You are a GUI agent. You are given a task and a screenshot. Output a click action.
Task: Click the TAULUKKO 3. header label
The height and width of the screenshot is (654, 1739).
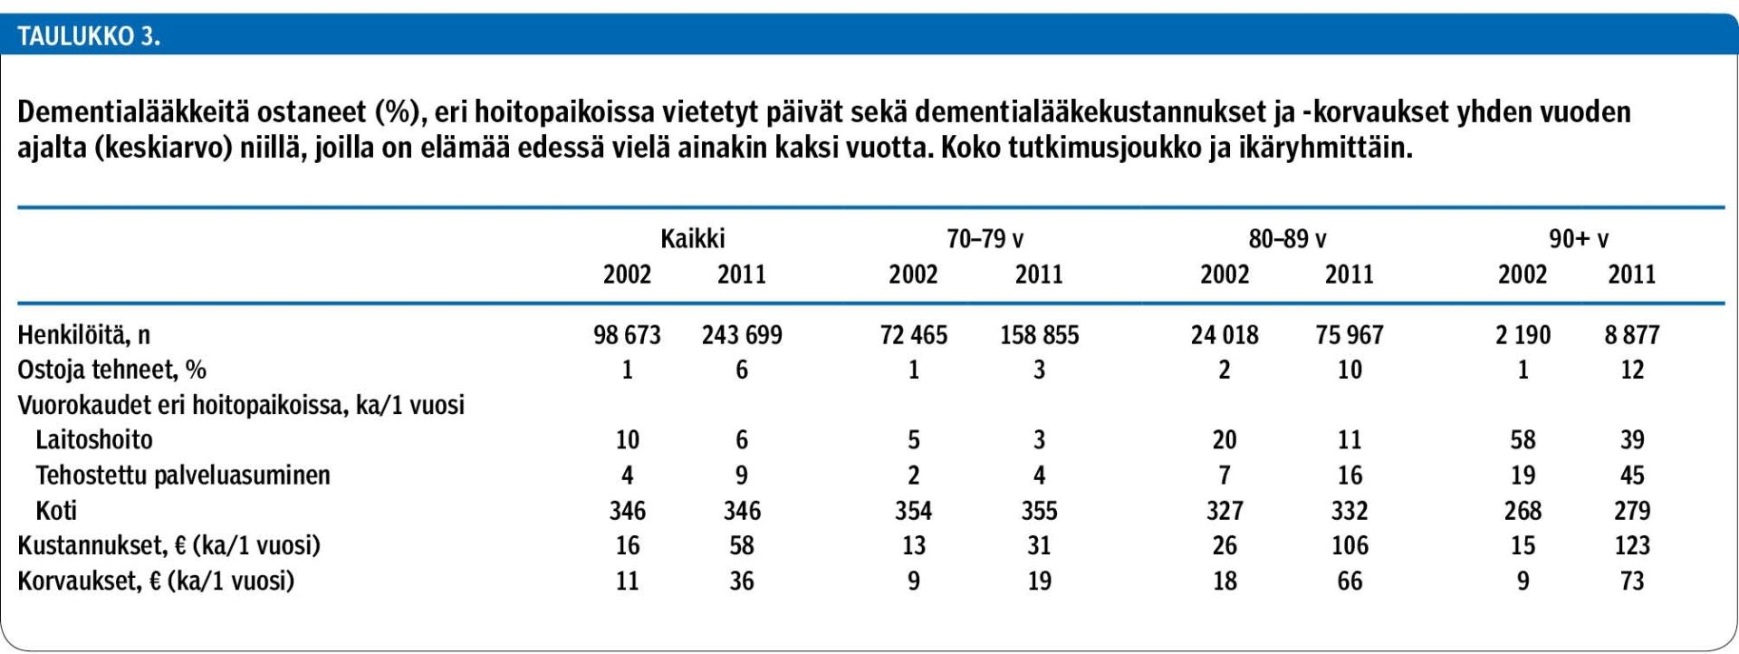click(x=89, y=37)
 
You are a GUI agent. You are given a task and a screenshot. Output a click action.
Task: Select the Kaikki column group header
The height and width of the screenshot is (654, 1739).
click(x=693, y=239)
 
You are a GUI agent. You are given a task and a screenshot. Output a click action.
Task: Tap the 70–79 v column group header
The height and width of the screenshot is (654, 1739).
click(x=985, y=239)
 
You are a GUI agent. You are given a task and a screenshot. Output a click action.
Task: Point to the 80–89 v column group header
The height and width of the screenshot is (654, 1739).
click(x=1287, y=239)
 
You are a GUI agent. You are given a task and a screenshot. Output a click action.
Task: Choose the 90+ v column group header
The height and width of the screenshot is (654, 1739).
click(x=1579, y=239)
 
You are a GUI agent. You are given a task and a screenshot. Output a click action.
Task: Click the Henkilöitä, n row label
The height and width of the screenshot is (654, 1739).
click(x=84, y=335)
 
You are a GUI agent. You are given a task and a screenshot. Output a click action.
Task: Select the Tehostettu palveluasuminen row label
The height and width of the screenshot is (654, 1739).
click(x=183, y=476)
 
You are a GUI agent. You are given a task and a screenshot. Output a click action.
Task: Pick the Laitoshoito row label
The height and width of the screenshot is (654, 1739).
click(x=94, y=440)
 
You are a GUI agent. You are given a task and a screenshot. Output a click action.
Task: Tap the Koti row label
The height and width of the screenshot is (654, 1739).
click(x=56, y=511)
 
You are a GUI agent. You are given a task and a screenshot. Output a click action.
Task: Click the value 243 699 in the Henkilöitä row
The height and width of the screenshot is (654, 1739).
click(x=742, y=335)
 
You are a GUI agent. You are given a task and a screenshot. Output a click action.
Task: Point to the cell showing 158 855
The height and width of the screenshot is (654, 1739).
click(x=1040, y=335)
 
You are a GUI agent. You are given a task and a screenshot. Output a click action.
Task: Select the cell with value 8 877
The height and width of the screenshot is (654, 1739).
click(x=1632, y=335)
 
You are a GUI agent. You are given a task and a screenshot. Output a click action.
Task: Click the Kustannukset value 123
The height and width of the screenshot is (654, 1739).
click(x=1632, y=545)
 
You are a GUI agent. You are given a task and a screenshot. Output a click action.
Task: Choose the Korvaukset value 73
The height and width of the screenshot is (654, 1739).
click(x=1632, y=581)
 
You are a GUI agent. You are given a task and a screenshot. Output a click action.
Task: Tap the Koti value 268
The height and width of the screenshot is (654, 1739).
click(x=1523, y=511)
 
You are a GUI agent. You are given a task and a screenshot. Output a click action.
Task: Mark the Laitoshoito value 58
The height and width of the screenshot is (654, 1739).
click(x=1523, y=440)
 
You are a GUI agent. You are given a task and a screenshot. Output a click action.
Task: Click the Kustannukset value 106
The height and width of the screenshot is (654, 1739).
click(x=1350, y=545)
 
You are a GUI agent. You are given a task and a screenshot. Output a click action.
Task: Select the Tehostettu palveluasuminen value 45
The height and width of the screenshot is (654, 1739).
click(x=1632, y=476)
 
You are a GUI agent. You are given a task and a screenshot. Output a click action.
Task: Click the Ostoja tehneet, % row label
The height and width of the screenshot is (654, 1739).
click(x=112, y=370)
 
